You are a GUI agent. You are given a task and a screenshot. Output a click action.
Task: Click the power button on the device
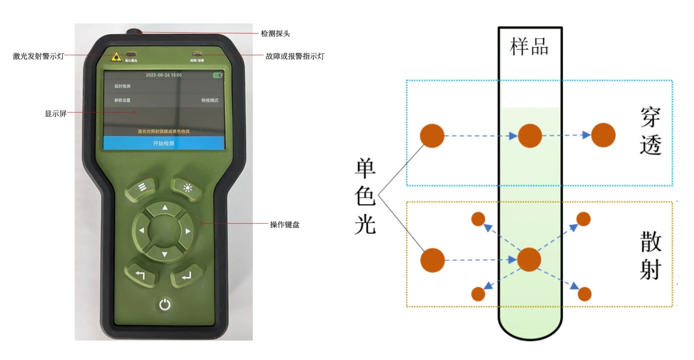tap(164, 305)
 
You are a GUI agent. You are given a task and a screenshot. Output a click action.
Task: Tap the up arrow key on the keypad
tap(164, 208)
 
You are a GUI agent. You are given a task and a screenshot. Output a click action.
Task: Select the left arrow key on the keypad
tap(141, 231)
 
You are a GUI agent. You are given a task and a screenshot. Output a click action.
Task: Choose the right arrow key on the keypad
tap(188, 231)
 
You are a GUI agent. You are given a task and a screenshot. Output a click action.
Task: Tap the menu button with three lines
tap(142, 187)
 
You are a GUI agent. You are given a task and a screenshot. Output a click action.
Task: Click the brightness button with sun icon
tap(188, 187)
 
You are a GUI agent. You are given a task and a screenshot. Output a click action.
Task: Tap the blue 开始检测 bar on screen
tap(164, 143)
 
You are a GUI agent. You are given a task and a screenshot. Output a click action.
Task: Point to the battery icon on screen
tap(218, 75)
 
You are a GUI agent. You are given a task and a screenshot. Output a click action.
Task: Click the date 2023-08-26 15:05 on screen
tap(164, 75)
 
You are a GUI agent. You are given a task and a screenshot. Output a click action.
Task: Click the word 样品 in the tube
tap(529, 47)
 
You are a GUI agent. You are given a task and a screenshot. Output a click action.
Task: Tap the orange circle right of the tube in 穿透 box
tap(603, 135)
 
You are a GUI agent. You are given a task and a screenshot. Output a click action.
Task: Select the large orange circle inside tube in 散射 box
tap(529, 260)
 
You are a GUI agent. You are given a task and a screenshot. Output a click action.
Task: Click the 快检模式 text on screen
tap(210, 100)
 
